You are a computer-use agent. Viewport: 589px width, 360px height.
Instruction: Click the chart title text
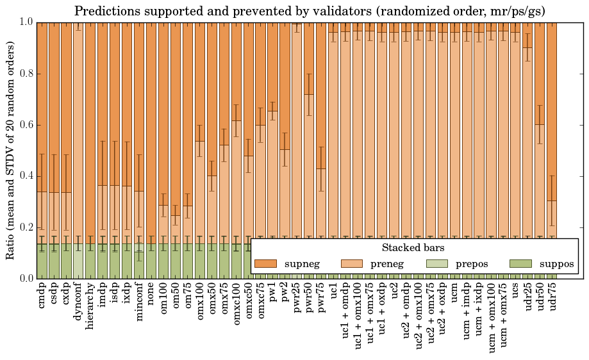click(310, 11)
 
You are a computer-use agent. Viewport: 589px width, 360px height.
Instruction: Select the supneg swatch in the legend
click(265, 264)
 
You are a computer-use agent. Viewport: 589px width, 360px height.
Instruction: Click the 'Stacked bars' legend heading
click(413, 247)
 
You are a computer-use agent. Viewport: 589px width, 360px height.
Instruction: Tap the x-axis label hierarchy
click(90, 304)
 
